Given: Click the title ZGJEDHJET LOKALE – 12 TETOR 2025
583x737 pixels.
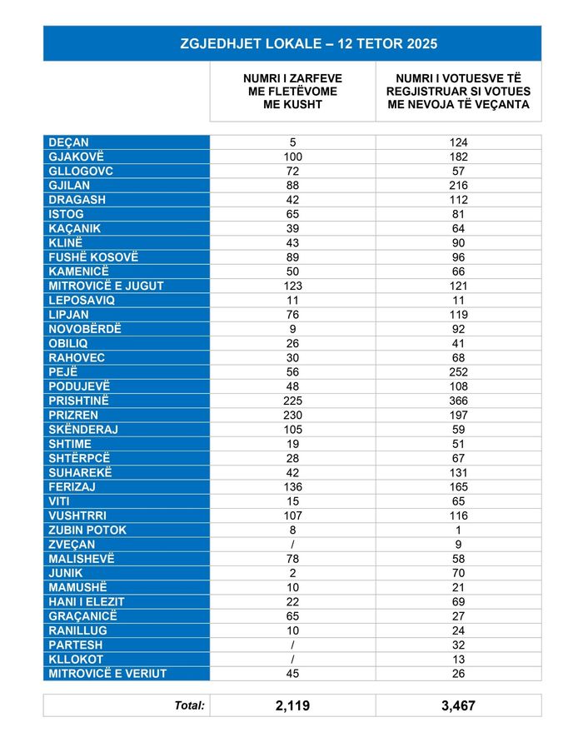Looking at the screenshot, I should pos(291,43).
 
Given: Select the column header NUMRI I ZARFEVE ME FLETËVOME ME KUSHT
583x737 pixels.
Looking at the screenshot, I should pos(292,92).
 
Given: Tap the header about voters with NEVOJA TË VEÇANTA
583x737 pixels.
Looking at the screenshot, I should pos(458,92).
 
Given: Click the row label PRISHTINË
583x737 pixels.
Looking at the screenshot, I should pos(80,401).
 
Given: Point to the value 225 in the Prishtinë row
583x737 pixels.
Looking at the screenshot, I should pos(292,401).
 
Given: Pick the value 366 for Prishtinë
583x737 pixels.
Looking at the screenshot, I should pos(458,401).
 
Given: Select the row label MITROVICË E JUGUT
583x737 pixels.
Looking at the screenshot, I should pos(106,286).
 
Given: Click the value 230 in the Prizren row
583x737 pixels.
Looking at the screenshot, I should pos(292,415).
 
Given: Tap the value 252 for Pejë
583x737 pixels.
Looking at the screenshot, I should pos(458,371).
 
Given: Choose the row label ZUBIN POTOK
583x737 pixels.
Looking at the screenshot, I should pos(87,530).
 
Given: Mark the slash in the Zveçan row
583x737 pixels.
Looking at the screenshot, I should pos(292,544).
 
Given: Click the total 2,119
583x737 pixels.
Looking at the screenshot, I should pos(292,705).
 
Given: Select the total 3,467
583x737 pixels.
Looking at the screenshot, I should pos(458,705).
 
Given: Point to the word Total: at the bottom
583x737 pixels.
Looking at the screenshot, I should pos(189,705).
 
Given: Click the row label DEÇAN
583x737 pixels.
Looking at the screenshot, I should pos(69,142).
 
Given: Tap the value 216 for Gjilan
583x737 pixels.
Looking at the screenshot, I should pos(458,185).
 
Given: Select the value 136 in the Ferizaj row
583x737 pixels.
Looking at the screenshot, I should pos(292,486).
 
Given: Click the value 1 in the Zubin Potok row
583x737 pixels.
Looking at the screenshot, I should pos(458,530).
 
